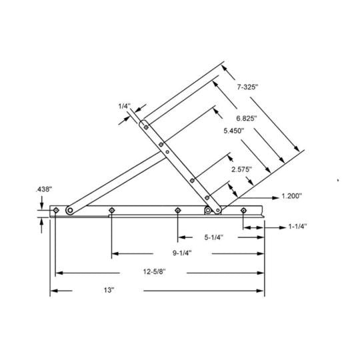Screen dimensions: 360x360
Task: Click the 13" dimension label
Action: click(x=109, y=291)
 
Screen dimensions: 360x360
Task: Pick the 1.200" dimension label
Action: click(x=291, y=197)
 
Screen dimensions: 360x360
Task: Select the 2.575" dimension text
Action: click(x=241, y=169)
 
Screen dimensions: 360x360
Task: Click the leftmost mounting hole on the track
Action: click(x=56, y=211)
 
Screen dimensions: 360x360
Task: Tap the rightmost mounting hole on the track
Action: click(x=243, y=211)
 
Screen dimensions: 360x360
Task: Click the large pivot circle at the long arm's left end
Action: click(x=69, y=211)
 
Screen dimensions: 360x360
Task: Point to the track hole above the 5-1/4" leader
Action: click(x=177, y=211)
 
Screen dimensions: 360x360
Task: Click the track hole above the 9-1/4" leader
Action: click(x=111, y=211)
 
